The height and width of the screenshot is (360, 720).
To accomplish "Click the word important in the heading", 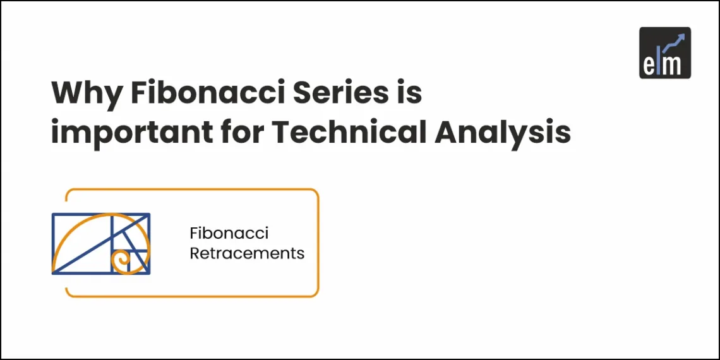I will point(121,134).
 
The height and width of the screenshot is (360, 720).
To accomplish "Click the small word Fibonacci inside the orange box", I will point(229,234).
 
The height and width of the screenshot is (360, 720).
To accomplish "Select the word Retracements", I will point(247,254).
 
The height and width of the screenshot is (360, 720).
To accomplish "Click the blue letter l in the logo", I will point(661,61).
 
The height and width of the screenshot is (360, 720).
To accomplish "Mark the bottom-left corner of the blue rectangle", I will point(53,273).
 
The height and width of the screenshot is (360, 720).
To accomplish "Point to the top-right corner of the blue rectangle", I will point(149,215).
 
